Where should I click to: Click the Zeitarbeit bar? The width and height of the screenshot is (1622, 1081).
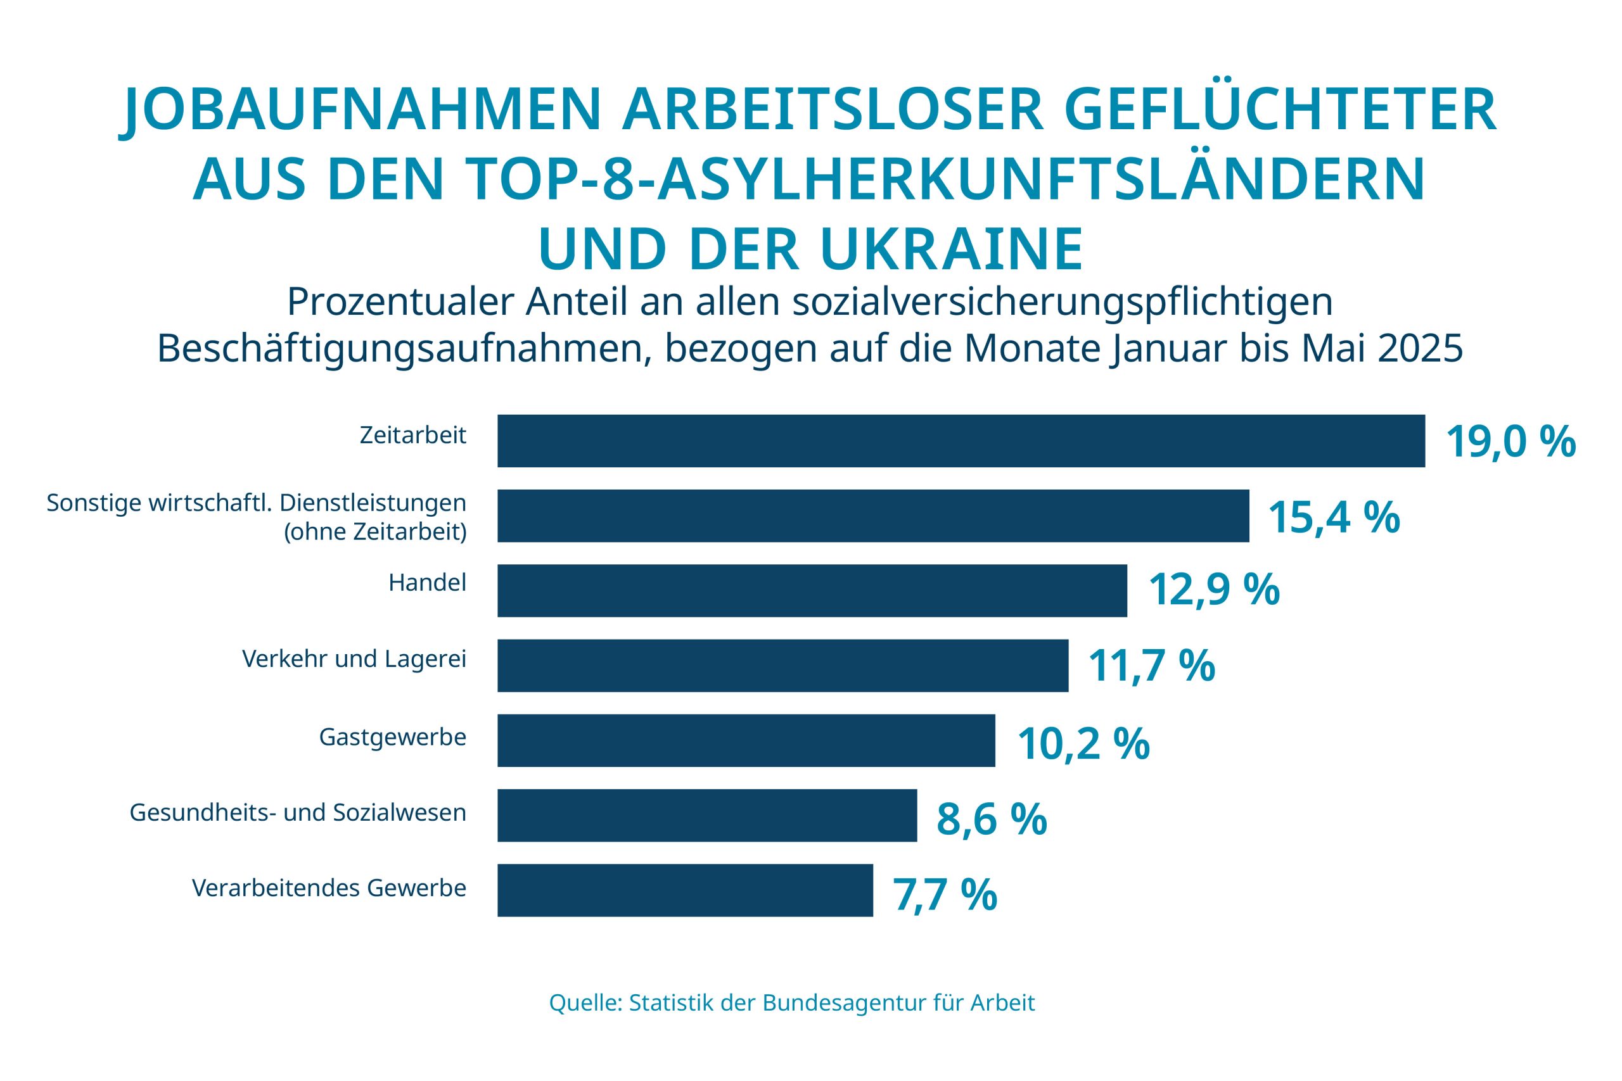(961, 441)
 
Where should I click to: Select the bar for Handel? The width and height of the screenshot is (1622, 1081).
(812, 590)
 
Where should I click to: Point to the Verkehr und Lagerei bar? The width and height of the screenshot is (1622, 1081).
(782, 666)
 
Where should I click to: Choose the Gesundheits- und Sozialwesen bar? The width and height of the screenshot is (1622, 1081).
(707, 815)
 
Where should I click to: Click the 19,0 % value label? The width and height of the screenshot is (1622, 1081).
(1510, 442)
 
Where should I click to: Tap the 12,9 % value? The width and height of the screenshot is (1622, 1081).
(1213, 591)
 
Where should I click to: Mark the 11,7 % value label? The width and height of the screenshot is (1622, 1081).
(1151, 666)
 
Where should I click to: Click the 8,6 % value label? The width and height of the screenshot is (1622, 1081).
(991, 819)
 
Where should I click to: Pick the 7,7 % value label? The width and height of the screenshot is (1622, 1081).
(945, 894)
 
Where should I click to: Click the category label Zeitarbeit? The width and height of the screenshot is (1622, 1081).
(413, 436)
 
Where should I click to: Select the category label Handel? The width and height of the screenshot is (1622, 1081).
(428, 583)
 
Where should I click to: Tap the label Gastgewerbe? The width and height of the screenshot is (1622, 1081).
(392, 738)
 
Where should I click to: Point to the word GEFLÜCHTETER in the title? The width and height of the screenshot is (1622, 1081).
(1280, 110)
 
